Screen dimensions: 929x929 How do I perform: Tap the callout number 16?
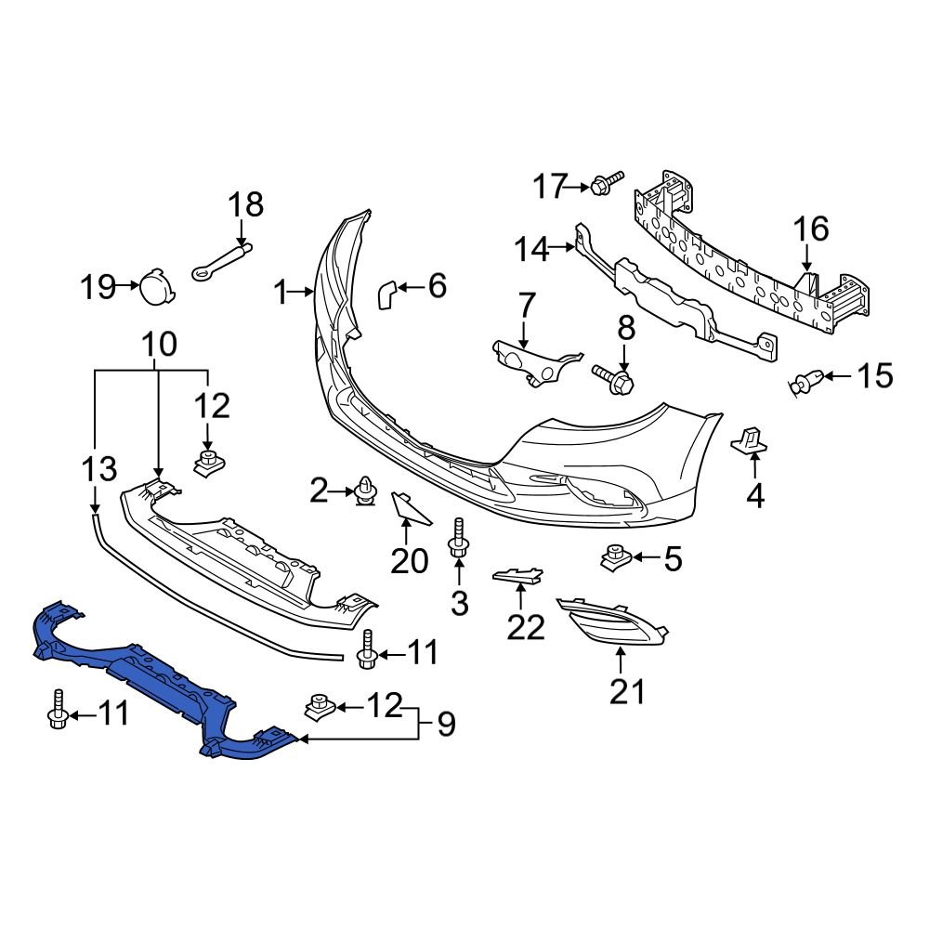click(x=809, y=229)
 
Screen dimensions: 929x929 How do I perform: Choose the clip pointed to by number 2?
click(x=365, y=491)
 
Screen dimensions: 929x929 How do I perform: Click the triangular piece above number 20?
click(x=406, y=506)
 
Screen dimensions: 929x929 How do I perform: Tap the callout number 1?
click(x=281, y=294)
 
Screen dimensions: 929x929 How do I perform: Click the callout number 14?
click(x=531, y=250)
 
